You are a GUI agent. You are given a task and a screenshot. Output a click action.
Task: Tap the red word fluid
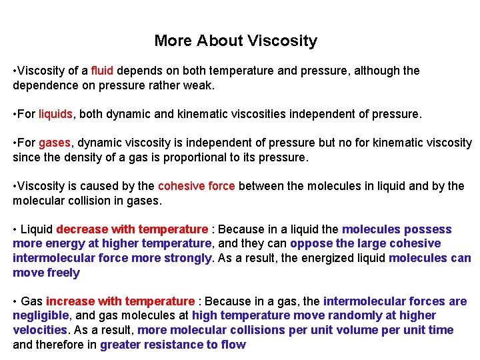tap(103, 71)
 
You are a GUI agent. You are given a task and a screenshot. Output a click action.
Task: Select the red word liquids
tap(55, 114)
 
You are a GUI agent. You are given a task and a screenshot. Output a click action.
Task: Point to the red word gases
tap(54, 143)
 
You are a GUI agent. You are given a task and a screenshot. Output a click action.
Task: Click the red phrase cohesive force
tap(196, 186)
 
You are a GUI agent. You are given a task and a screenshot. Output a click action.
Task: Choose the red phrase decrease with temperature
tap(132, 229)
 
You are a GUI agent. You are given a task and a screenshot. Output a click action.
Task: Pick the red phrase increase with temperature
tap(120, 301)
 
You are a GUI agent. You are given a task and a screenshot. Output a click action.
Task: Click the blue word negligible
tap(41, 315)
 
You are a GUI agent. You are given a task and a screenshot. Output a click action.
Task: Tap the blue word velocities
tap(39, 330)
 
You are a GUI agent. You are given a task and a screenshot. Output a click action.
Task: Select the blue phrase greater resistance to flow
tap(173, 345)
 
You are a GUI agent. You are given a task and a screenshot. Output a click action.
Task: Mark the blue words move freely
tap(46, 273)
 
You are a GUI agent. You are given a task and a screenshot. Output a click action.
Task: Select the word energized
tap(327, 258)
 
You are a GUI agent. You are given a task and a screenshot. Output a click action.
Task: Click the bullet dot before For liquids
tap(15, 114)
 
